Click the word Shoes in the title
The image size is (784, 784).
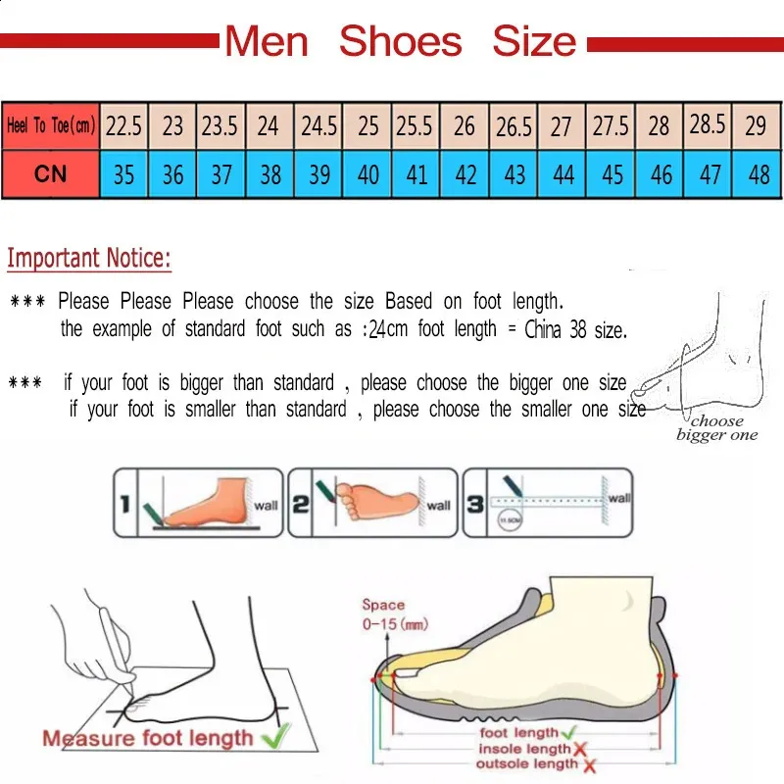point(400,42)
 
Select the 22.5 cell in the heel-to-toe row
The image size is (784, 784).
point(123,125)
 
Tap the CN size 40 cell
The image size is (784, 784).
point(368,174)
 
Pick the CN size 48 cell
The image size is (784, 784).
point(758,174)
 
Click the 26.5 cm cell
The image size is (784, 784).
point(514,126)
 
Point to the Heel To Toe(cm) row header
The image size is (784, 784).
point(51,125)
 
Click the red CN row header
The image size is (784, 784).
point(51,174)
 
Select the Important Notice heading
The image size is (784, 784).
point(89,259)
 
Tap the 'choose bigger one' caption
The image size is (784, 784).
point(717,428)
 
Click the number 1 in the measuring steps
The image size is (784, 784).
point(124,505)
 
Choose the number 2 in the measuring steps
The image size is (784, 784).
point(301,505)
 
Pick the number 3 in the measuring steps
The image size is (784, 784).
point(474,505)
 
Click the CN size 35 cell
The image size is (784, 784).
point(123,174)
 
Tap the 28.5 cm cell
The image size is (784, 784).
point(708,124)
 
